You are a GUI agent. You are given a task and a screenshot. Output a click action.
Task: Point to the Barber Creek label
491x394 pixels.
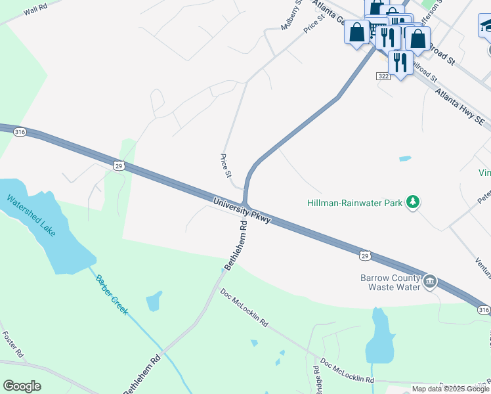pos(112,295)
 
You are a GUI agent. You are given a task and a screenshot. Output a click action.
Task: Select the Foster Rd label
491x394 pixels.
pos(13,343)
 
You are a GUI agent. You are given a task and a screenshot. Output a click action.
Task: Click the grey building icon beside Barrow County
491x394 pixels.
pos(430,282)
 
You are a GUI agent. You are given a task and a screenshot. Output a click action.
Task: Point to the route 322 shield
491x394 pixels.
pos(384,77)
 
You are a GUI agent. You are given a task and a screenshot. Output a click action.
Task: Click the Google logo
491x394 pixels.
pos(22,386)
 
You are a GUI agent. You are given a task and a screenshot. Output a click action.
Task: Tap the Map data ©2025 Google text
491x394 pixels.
pos(450,389)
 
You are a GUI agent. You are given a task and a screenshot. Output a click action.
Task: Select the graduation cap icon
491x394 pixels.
pos(486,26)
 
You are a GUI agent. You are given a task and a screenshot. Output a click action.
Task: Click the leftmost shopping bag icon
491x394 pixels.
pos(356,33)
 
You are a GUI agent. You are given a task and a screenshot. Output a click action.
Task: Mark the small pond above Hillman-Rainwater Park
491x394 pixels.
pos(405,159)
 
